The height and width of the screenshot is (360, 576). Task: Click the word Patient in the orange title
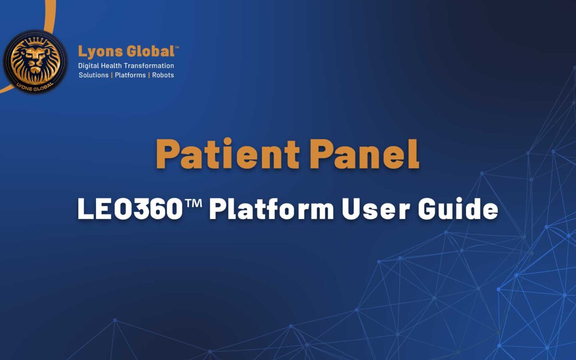228,154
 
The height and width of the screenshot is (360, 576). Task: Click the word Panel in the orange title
364,154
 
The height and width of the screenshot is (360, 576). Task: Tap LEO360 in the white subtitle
130,209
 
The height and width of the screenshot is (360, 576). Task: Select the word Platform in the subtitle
272,209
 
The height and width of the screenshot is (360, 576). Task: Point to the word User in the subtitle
376,209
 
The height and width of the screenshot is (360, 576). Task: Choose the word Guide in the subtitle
458,208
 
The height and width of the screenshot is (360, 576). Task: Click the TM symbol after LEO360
193,204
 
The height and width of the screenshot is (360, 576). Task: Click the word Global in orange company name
150,51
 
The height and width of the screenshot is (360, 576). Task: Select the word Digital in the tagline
88,66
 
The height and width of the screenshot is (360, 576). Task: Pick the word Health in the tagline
111,66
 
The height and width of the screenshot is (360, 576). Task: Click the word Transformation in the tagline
149,66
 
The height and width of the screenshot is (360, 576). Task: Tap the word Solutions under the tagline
94,75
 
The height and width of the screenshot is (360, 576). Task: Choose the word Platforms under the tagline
130,75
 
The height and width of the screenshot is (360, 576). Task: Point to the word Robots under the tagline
163,75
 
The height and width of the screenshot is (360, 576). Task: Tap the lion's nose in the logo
35,62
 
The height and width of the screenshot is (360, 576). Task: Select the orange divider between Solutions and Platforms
112,75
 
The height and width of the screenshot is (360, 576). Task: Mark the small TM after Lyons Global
177,47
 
